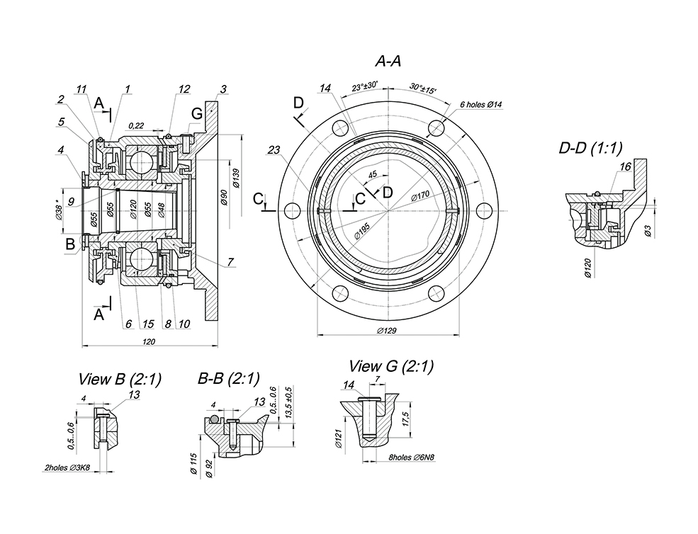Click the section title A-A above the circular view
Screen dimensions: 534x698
click(x=388, y=62)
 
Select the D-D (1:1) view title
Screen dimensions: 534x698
click(x=590, y=148)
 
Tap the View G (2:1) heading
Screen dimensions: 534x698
click(x=391, y=366)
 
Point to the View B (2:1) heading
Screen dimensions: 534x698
click(x=119, y=379)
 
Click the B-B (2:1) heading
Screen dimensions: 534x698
click(x=229, y=379)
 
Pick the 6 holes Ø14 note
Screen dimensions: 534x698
click(x=480, y=105)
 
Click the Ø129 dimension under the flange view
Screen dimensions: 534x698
click(x=387, y=331)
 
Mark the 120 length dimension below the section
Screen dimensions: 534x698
click(x=149, y=341)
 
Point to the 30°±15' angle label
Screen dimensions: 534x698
click(x=422, y=89)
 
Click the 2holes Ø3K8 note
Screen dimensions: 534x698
click(x=68, y=467)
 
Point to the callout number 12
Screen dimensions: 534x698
click(x=184, y=89)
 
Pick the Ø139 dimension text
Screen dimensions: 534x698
click(x=235, y=176)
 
